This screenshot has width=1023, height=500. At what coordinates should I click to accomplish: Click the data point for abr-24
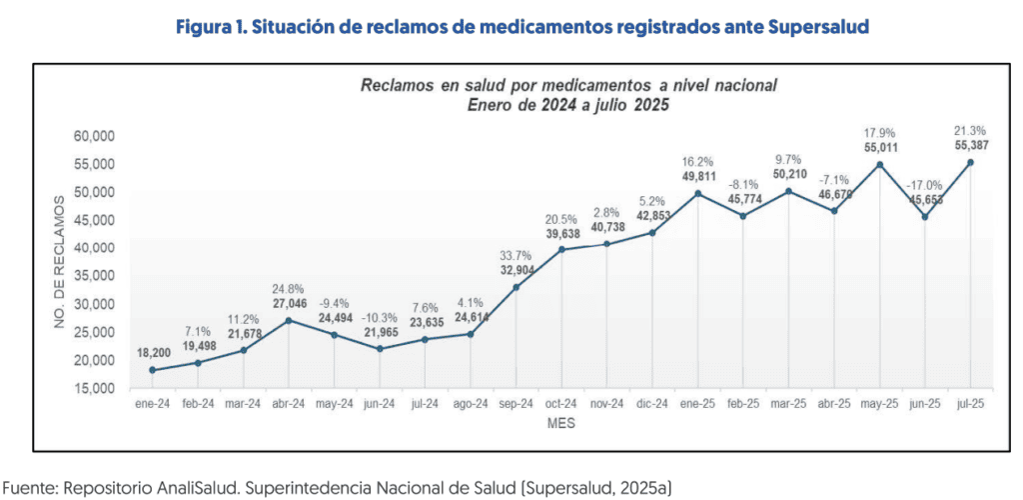[289, 321]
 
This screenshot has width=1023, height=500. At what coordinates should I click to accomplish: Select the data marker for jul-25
[970, 162]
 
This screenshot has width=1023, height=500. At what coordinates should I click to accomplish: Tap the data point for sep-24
[515, 288]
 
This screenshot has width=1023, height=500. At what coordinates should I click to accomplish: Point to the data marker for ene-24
[152, 370]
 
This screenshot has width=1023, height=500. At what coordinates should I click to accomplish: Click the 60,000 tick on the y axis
[95, 136]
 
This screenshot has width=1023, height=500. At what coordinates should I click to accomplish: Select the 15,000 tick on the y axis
[95, 388]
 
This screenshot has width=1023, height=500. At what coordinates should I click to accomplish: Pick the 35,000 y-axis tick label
[95, 276]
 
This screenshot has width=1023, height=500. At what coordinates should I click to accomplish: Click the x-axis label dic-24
[651, 405]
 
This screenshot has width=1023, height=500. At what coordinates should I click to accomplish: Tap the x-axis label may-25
[879, 405]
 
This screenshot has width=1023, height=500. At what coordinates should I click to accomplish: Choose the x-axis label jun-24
[379, 405]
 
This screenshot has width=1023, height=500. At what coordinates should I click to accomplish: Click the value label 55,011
[879, 147]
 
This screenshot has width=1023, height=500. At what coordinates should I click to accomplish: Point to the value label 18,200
[154, 353]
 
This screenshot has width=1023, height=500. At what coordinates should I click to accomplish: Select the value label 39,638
[561, 234]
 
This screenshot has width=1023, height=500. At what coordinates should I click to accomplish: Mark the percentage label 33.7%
[516, 254]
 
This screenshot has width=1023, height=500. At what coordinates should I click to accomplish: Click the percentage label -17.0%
[924, 186]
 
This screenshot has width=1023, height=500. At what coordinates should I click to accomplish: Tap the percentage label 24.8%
[289, 289]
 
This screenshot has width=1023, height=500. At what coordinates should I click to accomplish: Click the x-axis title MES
[560, 424]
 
